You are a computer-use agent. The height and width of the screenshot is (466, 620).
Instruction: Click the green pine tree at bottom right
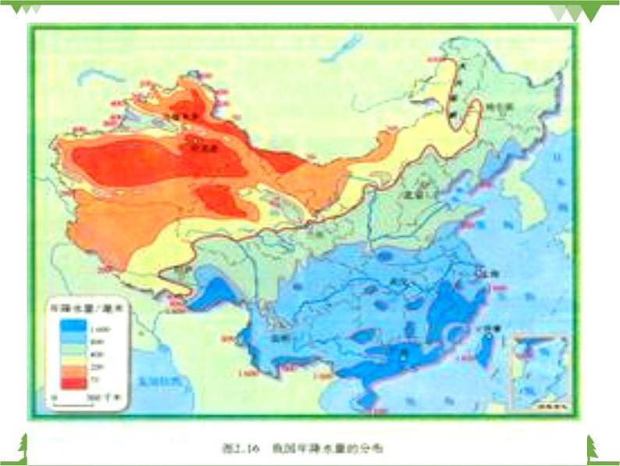[x=593, y=448]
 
